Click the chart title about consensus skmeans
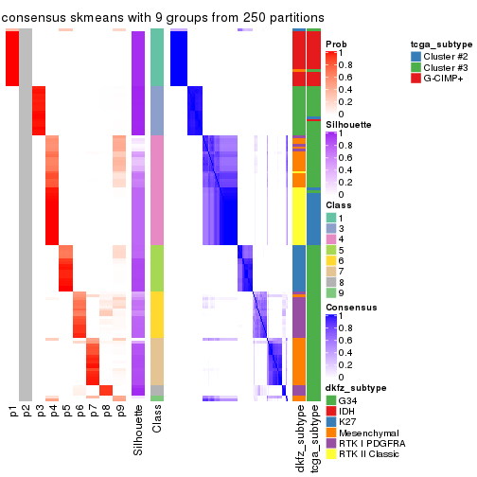coord(163,17)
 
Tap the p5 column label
coord(66,411)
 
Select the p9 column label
coord(119,411)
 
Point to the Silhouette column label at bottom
coord(139,427)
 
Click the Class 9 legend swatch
coord(331,294)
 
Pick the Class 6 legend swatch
coord(331,257)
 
